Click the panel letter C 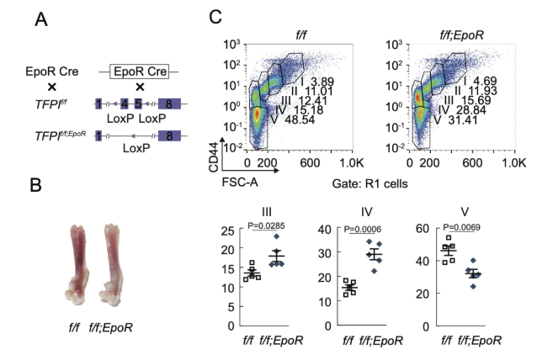215,18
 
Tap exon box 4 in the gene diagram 125,104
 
